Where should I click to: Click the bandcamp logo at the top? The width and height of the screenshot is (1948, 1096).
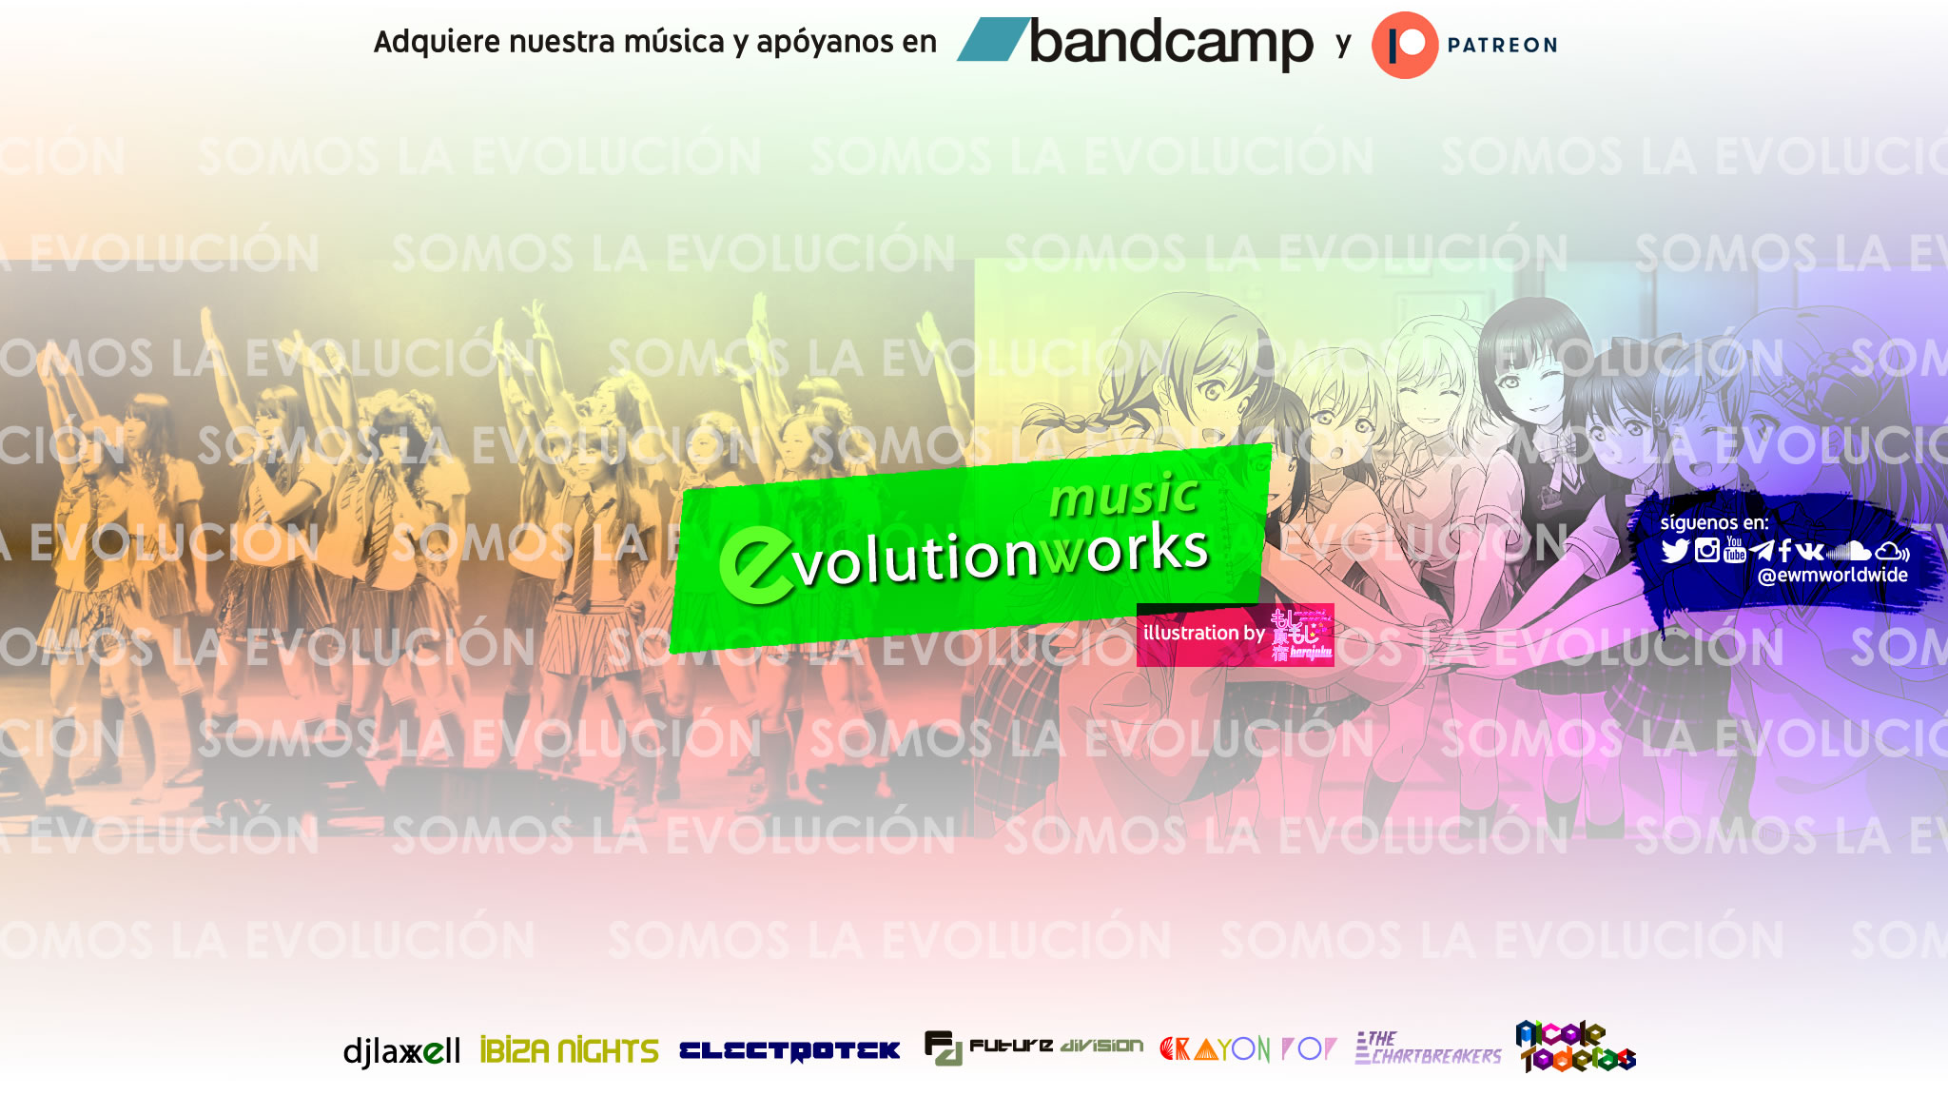click(1137, 43)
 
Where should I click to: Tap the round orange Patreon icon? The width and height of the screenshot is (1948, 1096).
click(1404, 45)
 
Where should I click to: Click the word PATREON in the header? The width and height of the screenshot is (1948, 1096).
click(1502, 45)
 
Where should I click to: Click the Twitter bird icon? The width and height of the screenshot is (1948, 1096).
click(1675, 551)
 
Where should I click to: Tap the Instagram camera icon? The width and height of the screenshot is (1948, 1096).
click(1707, 550)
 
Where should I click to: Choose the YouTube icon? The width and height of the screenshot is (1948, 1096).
click(1735, 550)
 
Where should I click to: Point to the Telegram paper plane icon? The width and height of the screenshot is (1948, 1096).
click(1762, 551)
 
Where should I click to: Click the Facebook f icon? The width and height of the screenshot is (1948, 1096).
click(1784, 551)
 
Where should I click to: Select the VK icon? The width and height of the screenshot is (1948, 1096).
click(1809, 551)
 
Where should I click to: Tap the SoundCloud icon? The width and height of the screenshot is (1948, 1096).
click(1849, 551)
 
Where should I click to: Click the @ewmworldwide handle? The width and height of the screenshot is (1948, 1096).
click(1832, 576)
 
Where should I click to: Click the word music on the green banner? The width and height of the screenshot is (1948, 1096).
click(1123, 497)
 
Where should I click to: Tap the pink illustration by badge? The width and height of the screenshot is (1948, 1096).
click(1235, 634)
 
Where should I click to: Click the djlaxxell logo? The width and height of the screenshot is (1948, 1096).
click(401, 1051)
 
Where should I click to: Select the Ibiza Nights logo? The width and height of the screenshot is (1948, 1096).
click(569, 1050)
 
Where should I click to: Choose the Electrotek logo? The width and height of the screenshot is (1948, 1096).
click(789, 1050)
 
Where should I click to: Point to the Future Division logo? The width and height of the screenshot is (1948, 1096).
click(1034, 1047)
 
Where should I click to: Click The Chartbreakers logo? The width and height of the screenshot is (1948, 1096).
click(1428, 1048)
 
